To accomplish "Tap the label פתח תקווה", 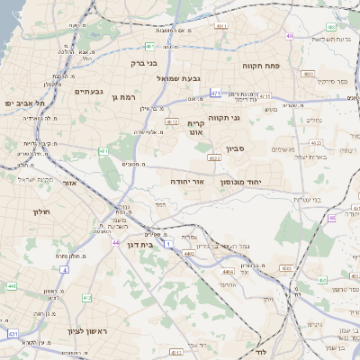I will (x=262, y=67).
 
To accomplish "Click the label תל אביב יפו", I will (x=22, y=103).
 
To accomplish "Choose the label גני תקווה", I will (x=224, y=118).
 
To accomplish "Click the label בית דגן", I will (x=136, y=245).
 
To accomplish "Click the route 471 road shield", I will (x=216, y=92).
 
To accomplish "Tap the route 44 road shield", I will (x=115, y=242).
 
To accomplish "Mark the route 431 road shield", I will (x=13, y=333).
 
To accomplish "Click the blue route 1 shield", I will (x=168, y=243).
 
